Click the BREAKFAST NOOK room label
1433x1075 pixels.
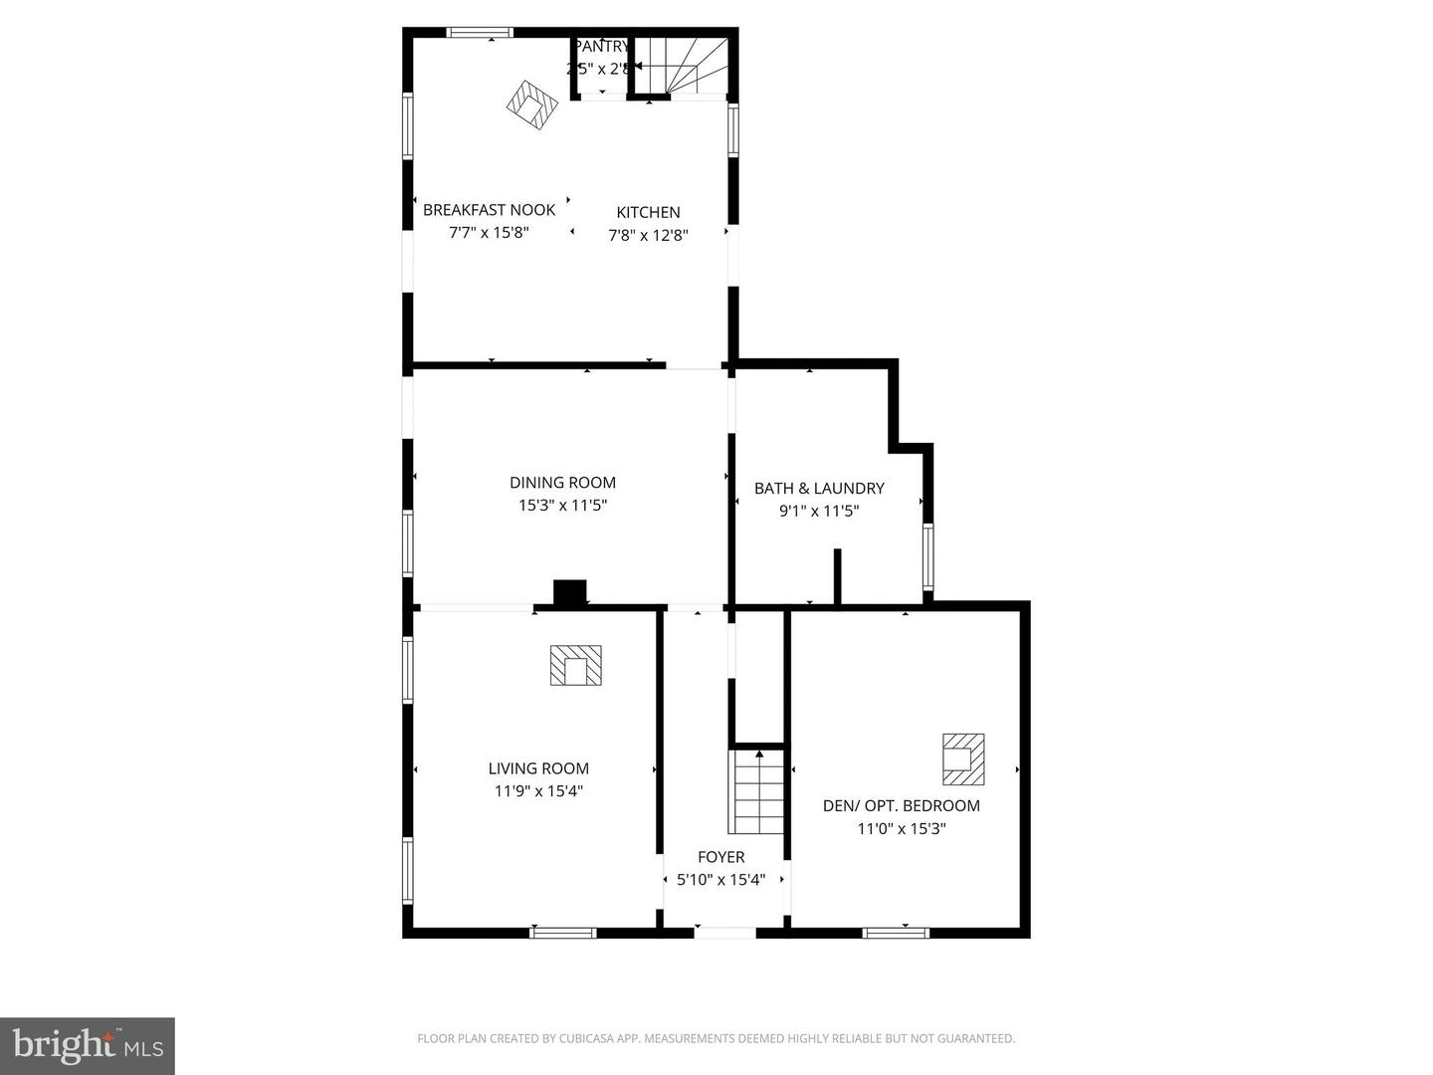489,210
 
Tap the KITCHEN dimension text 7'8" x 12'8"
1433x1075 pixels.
648,236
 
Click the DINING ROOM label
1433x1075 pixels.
562,483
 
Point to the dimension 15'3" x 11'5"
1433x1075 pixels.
562,506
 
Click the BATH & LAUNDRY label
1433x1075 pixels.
818,488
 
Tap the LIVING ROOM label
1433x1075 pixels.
538,768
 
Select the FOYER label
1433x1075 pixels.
720,857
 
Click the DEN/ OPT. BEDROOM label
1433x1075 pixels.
901,806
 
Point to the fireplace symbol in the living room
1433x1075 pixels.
575,665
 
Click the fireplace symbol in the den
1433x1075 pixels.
963,759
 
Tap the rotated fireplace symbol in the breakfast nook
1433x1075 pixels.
531,105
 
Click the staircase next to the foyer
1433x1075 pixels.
758,792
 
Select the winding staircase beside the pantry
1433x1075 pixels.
683,66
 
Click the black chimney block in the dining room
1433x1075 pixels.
569,592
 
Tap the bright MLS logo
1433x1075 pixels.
88,1045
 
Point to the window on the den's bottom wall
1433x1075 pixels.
896,933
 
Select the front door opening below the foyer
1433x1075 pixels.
724,933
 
